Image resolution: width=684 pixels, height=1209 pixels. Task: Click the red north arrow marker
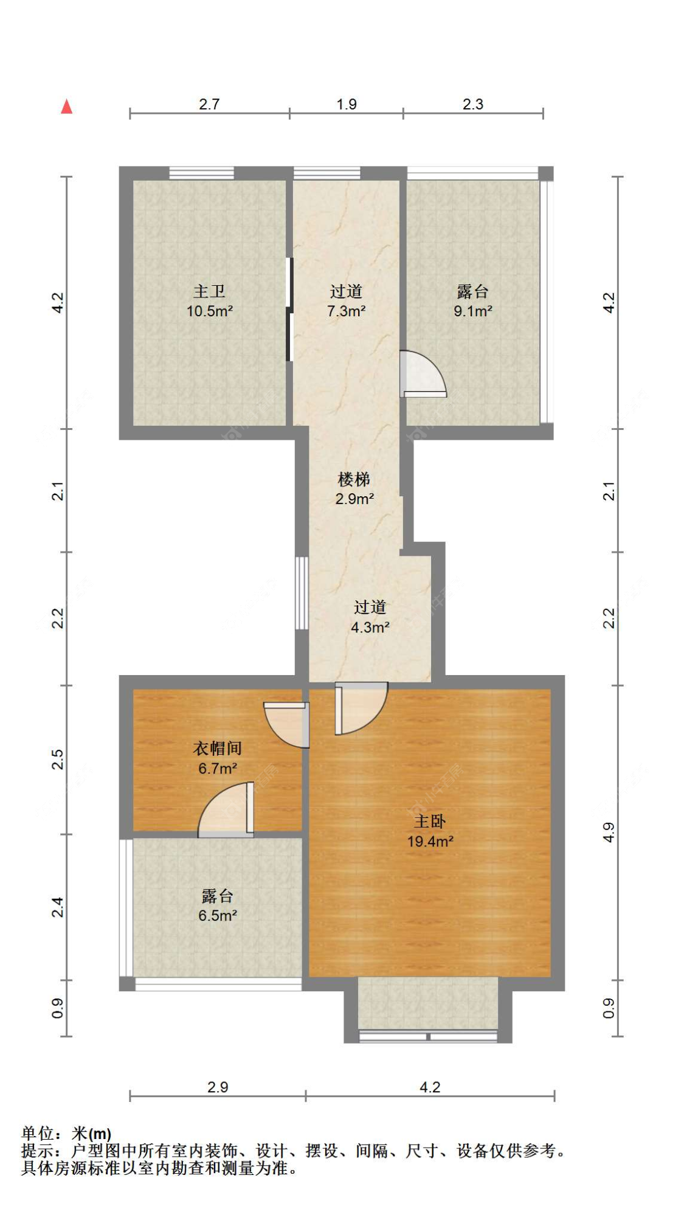(67, 107)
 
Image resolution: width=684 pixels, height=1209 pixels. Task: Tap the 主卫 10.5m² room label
(210, 302)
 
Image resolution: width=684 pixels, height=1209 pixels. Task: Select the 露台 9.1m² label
(472, 302)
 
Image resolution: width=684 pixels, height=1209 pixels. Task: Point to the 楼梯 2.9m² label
(354, 489)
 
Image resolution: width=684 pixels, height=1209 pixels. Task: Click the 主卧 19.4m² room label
(430, 831)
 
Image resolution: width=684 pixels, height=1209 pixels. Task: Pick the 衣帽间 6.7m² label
(217, 758)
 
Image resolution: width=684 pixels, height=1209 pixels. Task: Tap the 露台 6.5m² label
(217, 906)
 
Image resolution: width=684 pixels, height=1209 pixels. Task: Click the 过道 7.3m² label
(346, 302)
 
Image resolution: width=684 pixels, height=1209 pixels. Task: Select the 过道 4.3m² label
(370, 617)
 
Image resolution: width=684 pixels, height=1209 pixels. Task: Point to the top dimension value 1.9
(347, 105)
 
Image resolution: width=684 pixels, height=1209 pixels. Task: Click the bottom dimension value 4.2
(430, 1087)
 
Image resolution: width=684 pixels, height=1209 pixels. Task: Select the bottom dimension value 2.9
(218, 1087)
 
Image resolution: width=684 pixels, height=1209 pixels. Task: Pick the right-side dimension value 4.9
(609, 833)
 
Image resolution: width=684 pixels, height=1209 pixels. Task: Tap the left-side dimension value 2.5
(57, 760)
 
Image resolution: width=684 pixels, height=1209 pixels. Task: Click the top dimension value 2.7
(209, 105)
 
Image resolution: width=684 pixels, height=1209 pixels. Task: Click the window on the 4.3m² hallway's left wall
(301, 593)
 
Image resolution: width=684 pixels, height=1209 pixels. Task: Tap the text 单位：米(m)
(66, 1134)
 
